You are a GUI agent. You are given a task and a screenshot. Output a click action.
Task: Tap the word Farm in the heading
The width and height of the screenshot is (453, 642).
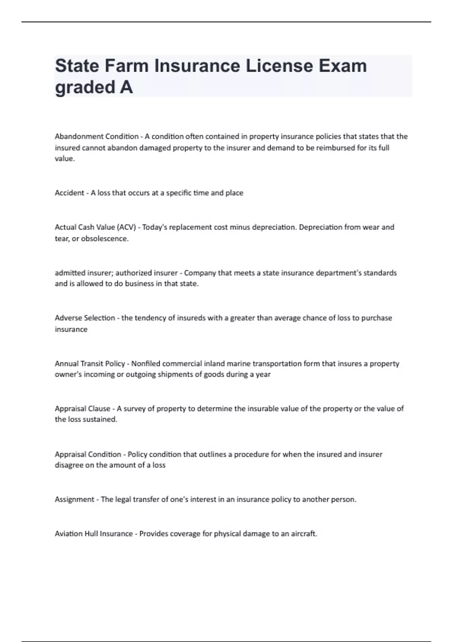pyautogui.click(x=126, y=66)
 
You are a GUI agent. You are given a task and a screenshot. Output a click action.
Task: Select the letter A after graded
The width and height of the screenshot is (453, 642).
pyautogui.click(x=126, y=87)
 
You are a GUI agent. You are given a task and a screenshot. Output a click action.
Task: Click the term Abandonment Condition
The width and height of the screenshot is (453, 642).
pyautogui.click(x=97, y=136)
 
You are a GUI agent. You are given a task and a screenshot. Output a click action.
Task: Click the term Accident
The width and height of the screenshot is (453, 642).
pyautogui.click(x=69, y=193)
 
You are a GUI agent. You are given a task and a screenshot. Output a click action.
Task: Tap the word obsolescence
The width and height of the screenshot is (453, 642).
pyautogui.click(x=105, y=239)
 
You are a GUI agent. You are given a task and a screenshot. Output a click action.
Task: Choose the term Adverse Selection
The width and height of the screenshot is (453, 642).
pyautogui.click(x=85, y=318)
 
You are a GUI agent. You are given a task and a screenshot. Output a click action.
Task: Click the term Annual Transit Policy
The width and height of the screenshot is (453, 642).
pyautogui.click(x=90, y=364)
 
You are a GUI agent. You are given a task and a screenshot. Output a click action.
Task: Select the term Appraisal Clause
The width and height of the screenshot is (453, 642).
pyautogui.click(x=82, y=409)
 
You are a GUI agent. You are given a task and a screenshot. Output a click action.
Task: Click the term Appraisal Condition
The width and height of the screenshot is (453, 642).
pyautogui.click(x=88, y=454)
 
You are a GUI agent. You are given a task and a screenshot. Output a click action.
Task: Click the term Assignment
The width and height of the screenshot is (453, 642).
pyautogui.click(x=74, y=500)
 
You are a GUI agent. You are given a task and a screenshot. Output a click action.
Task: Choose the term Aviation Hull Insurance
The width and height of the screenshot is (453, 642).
pyautogui.click(x=94, y=534)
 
